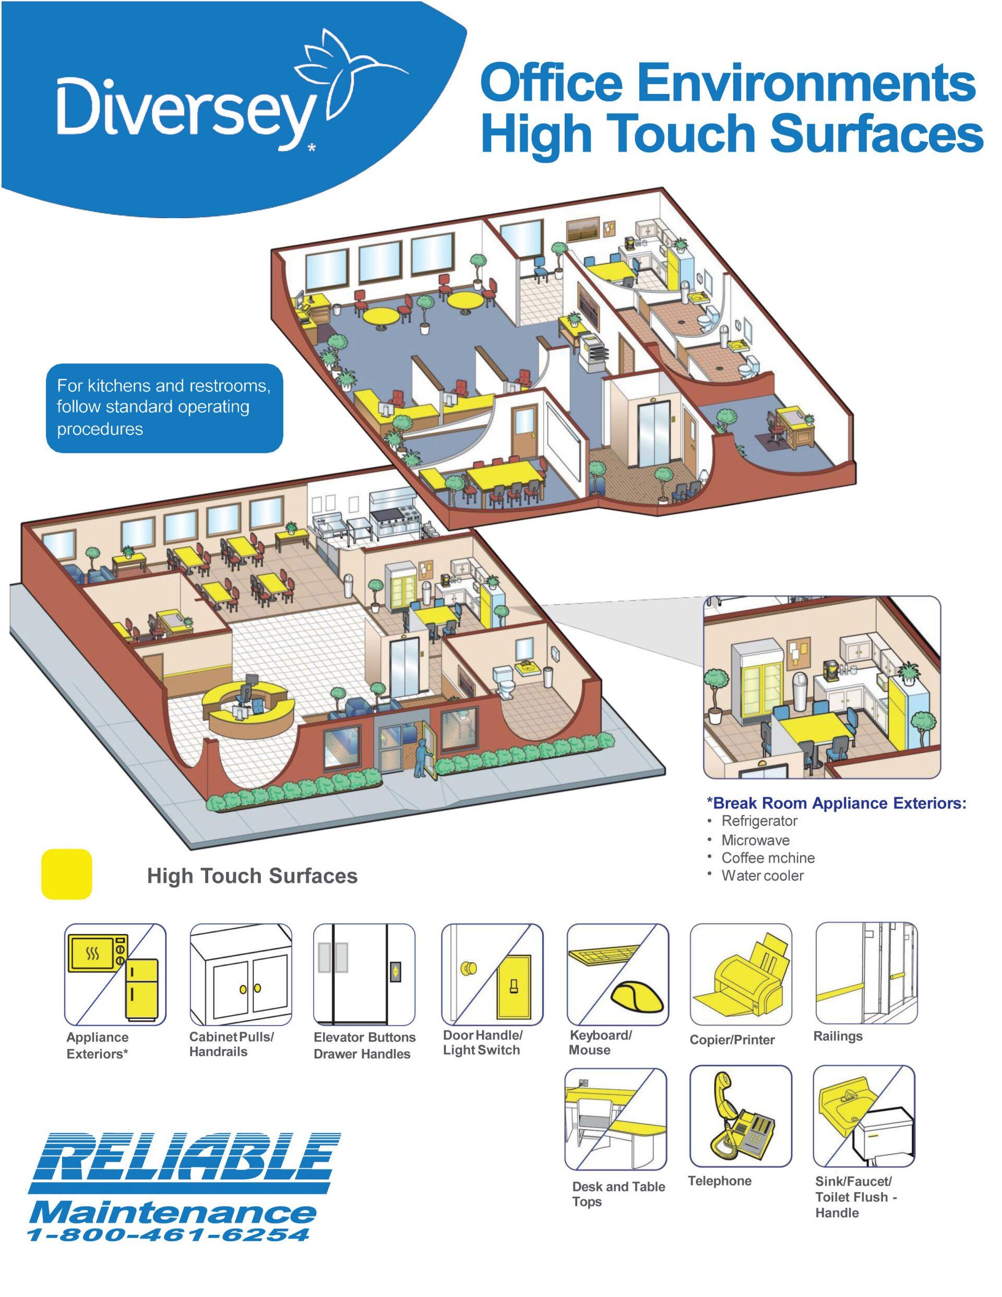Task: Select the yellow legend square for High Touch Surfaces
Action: click(x=66, y=874)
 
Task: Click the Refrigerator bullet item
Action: click(x=758, y=822)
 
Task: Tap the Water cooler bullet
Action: click(x=762, y=876)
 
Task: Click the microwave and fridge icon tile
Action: click(x=115, y=974)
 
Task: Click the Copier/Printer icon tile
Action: click(x=740, y=974)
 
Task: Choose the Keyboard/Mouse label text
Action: click(x=599, y=1043)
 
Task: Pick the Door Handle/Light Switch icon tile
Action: click(x=492, y=974)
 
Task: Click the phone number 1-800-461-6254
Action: click(x=169, y=1235)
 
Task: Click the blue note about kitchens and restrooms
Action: click(x=164, y=408)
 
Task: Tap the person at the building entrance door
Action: click(x=421, y=759)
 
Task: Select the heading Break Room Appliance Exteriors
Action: click(x=836, y=803)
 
